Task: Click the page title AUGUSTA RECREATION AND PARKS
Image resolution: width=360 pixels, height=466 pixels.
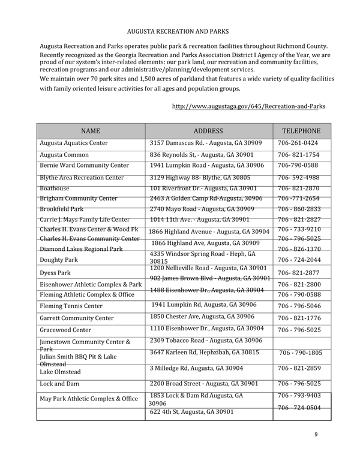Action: pos(178,31)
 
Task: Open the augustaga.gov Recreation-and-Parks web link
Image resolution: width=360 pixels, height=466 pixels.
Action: pos(248,106)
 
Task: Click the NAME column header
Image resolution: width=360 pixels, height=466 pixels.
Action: pos(91,131)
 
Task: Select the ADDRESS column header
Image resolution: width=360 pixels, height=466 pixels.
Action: pos(208,131)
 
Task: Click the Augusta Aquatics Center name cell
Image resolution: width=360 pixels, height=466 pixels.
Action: pos(74,144)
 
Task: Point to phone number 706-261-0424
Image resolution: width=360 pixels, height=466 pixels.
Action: pos(298,144)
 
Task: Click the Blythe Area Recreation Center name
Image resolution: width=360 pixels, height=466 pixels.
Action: pos(82,178)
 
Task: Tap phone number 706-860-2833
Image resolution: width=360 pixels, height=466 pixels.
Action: pos(299,209)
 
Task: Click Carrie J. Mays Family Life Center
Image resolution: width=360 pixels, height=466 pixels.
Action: pos(85,220)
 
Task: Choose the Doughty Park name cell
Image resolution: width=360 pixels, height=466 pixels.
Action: pos(59,260)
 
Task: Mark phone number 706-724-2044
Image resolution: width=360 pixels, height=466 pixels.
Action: pos(299,260)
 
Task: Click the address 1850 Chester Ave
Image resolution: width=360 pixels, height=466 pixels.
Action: pos(202,316)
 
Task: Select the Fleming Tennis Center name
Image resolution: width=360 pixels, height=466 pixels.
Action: pos(71,306)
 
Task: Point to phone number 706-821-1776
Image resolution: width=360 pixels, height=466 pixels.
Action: pos(299,318)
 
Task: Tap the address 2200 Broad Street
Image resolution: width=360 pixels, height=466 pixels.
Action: pos(203,383)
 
